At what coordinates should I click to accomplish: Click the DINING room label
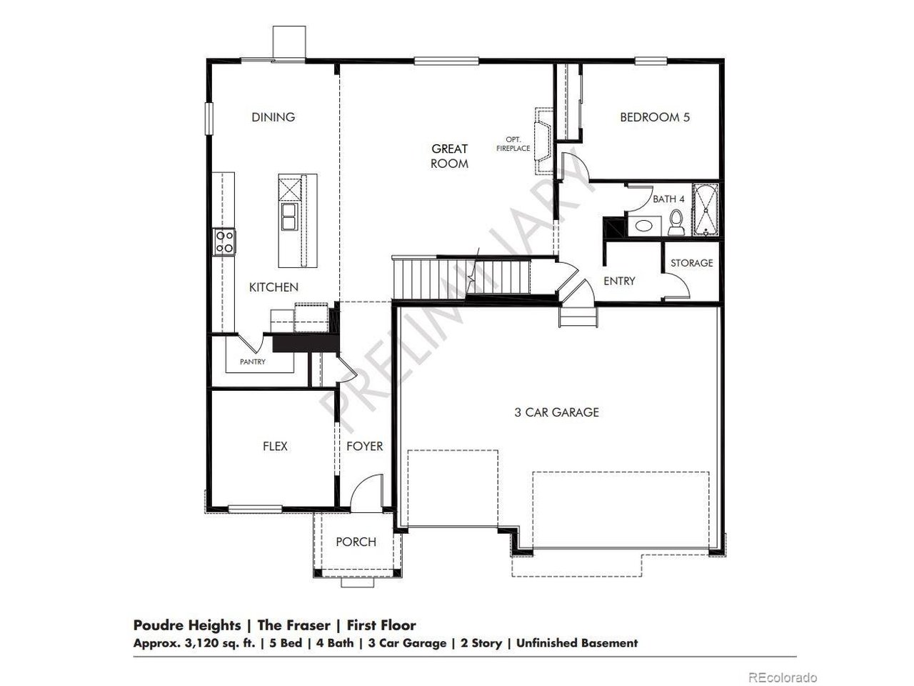[273, 117]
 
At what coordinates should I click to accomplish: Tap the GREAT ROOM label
[449, 156]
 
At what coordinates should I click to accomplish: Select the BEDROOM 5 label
[654, 117]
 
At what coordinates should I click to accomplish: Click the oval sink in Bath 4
[644, 227]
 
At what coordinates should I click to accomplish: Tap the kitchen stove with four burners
[224, 242]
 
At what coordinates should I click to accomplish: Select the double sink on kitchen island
[289, 217]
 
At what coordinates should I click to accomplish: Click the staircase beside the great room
[428, 279]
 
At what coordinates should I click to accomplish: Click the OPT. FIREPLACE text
[518, 144]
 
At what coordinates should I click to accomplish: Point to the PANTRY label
[252, 362]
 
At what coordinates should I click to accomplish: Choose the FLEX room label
[275, 446]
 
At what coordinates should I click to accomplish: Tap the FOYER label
[364, 446]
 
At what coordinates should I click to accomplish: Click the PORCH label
[356, 542]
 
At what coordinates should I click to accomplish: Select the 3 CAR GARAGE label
[556, 412]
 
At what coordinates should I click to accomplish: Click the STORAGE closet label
[691, 263]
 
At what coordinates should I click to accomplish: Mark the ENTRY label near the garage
[619, 281]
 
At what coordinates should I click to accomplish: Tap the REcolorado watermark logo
[783, 677]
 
